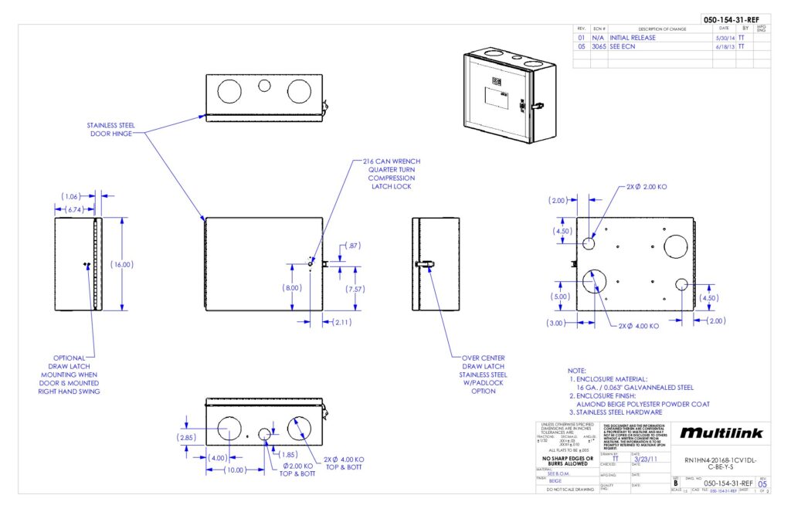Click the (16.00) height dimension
pos(122,264)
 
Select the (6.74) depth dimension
pos(75,209)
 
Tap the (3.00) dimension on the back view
pos(558,322)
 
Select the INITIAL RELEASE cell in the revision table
pos(633,37)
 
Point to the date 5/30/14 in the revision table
pos(724,37)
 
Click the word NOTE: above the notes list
pos(577,371)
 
